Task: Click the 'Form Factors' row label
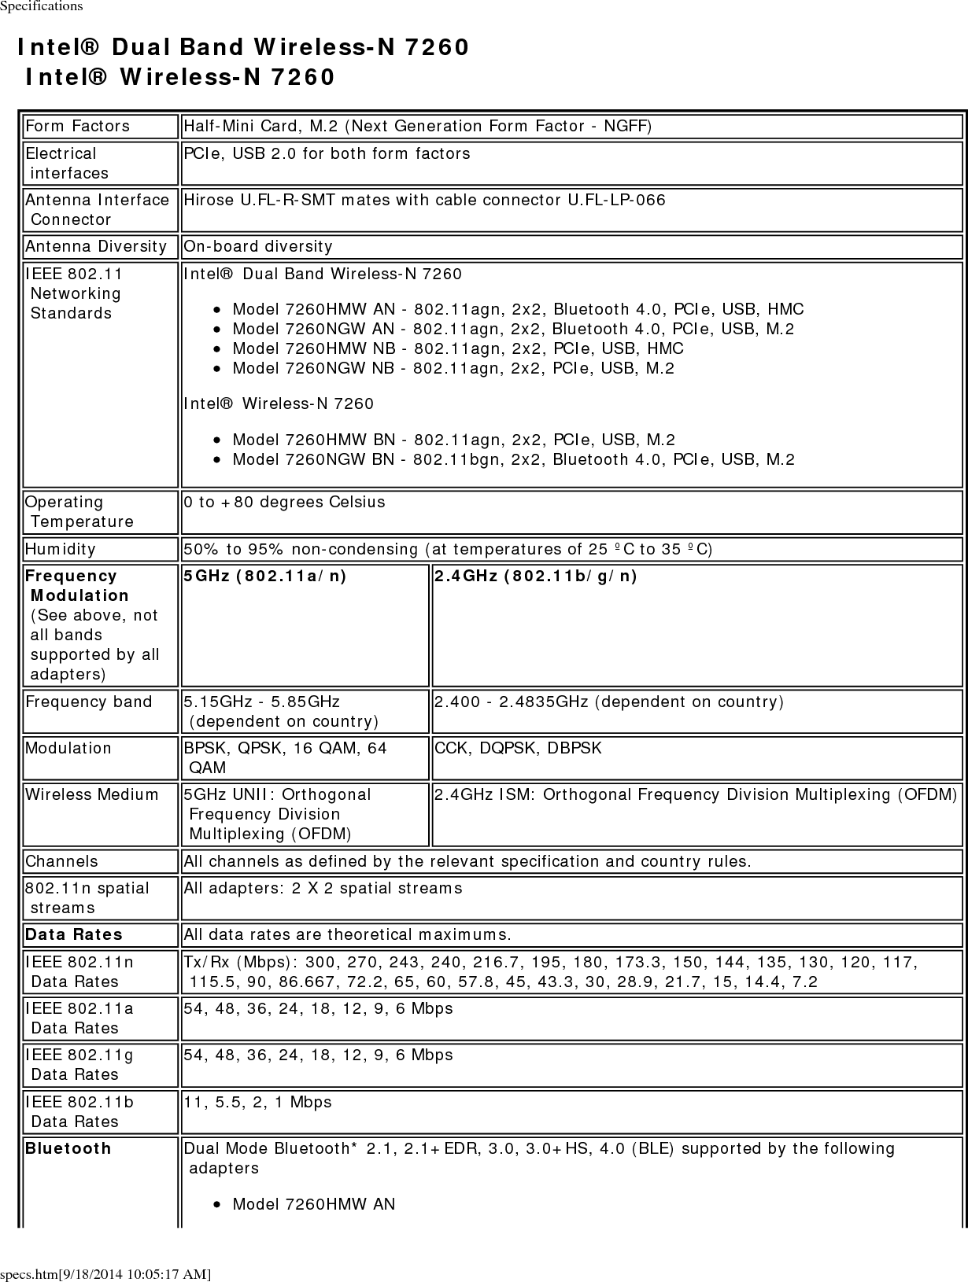click(77, 126)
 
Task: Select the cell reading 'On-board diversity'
click(258, 246)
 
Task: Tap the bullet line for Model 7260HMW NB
click(458, 348)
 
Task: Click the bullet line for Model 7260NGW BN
click(513, 459)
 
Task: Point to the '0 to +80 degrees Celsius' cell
click(284, 502)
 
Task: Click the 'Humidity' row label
click(61, 549)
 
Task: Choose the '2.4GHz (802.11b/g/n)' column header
click(536, 577)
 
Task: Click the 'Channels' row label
click(62, 861)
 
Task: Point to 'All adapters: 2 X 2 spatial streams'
click(323, 888)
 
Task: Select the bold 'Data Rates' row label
click(74, 934)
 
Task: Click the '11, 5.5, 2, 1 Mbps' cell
click(257, 1102)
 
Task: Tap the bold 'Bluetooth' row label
click(68, 1148)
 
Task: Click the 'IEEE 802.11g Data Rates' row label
click(79, 1064)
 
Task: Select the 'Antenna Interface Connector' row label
click(97, 209)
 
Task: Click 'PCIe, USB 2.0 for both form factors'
click(327, 153)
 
